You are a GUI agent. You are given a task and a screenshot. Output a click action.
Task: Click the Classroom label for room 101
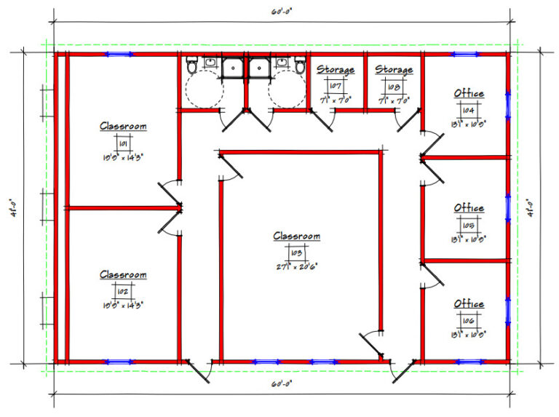coord(123,126)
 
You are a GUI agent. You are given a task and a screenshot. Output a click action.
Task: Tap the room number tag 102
coord(123,292)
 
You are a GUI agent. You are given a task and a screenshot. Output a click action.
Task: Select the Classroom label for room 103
coord(296,237)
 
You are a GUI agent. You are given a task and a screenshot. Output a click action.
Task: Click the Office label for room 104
coord(469,94)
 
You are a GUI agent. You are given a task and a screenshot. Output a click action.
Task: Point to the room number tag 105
coord(469,225)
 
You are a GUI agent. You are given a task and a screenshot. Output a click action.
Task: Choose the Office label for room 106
coord(469,303)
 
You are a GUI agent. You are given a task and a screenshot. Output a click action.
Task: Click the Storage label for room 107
coord(336,70)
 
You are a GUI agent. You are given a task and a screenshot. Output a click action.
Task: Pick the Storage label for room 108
coord(394,70)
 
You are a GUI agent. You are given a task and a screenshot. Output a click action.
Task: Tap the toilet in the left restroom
coord(192,66)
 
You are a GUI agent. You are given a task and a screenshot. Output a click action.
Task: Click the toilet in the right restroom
coord(299,66)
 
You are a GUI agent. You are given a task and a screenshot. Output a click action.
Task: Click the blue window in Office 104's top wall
coord(464,55)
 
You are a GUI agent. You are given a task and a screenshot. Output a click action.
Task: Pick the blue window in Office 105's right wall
coord(507,207)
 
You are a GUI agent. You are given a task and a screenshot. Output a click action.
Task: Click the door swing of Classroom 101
coord(169,193)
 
